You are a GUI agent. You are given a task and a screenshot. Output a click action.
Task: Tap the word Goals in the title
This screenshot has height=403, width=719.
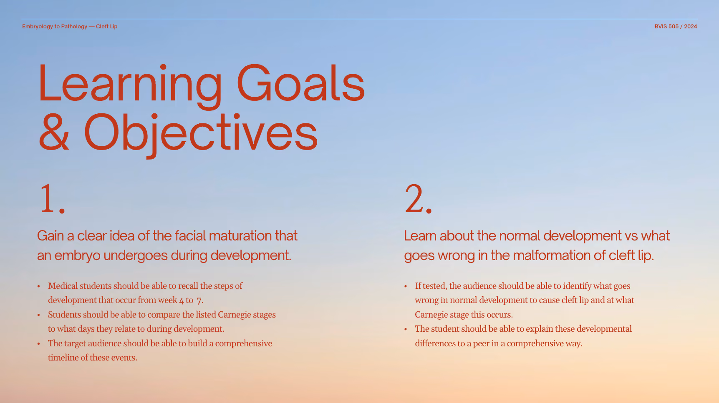[x=301, y=83]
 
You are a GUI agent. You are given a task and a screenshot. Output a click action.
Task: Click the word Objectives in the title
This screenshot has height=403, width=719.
[x=201, y=134]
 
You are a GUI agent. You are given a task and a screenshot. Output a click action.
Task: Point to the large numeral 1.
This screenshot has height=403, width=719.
[x=53, y=199]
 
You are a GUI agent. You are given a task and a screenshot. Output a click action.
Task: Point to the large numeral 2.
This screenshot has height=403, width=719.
[x=418, y=199]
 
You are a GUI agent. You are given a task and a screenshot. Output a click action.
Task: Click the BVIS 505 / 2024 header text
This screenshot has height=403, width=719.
[x=676, y=26]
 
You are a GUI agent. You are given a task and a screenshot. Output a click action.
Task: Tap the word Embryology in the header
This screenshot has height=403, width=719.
[x=38, y=26]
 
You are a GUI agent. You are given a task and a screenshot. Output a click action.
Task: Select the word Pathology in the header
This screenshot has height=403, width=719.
[x=74, y=26]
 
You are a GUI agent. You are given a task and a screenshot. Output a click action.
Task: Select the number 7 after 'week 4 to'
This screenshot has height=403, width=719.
[x=199, y=300]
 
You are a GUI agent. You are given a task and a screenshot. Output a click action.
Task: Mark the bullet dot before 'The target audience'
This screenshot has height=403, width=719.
[x=38, y=344]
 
